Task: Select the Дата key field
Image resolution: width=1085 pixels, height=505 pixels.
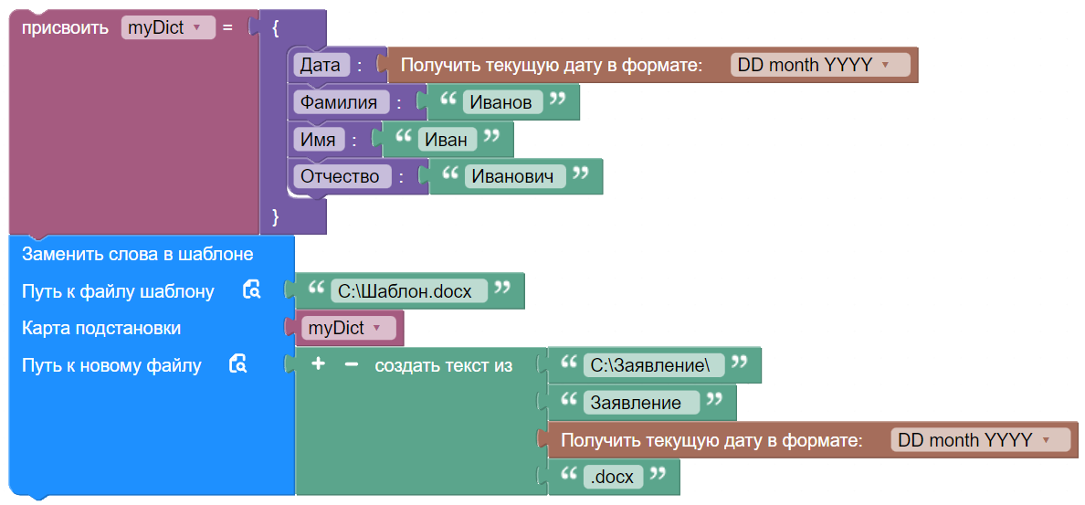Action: coord(320,65)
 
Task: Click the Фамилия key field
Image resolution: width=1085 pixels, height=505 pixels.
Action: coord(338,102)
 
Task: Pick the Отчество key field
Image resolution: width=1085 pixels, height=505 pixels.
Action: coord(341,176)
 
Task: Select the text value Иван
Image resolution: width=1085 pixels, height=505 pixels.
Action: coord(446,140)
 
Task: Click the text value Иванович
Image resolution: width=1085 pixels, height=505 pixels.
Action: coord(513,176)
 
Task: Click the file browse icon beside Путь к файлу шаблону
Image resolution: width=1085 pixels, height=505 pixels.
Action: coord(251,290)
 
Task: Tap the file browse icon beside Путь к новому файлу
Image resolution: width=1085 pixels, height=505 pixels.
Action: coord(237,364)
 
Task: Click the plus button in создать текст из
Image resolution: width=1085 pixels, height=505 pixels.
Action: coord(318,364)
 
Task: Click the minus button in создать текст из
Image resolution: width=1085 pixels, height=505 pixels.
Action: coord(351,364)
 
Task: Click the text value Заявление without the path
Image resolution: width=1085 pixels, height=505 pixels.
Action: coord(641,403)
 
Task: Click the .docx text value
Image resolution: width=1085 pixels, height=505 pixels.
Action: coord(613,478)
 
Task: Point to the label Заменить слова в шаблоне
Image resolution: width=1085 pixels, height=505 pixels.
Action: coord(137,254)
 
